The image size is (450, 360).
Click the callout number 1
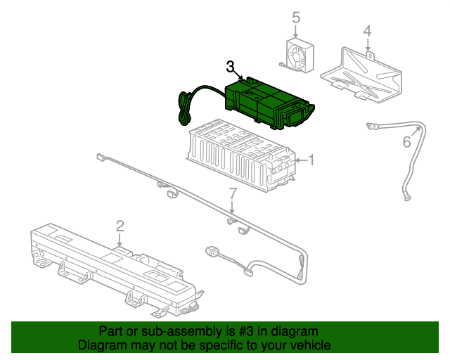(311, 161)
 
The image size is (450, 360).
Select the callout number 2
(120, 226)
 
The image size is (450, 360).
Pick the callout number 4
(366, 31)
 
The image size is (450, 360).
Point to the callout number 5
(295, 18)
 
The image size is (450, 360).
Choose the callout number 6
(406, 143)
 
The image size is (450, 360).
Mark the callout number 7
(233, 193)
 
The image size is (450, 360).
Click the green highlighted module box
(264, 103)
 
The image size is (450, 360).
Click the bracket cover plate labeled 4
(362, 74)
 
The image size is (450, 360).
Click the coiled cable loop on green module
(184, 109)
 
